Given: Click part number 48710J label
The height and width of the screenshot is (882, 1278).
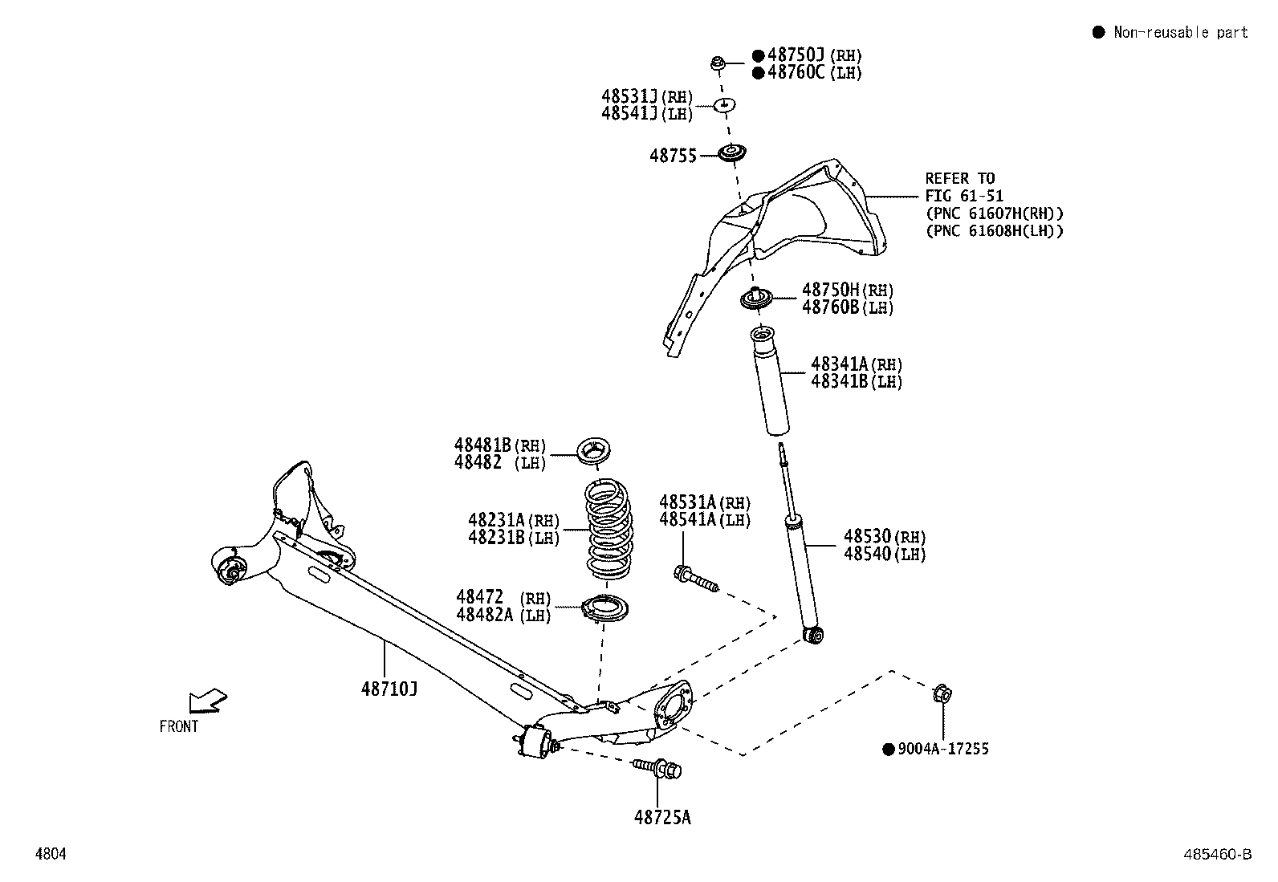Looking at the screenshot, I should coord(389,688).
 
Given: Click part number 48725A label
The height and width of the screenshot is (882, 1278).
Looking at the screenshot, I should coord(662,817).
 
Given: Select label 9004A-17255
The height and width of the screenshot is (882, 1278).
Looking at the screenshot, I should coord(942,749).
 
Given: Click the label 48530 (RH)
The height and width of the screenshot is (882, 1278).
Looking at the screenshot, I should coord(885,536).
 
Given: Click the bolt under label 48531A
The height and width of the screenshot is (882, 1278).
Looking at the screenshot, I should coord(695,579).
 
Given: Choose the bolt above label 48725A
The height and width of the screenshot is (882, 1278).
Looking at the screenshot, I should coord(658,769).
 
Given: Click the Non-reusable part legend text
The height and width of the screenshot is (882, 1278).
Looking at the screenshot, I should coord(1179,32).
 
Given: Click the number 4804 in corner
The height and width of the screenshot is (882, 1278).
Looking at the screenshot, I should coord(50,855).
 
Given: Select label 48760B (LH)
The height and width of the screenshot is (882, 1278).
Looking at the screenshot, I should coord(847,307).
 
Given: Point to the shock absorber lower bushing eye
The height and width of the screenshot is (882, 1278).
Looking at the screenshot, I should coord(814,636).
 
